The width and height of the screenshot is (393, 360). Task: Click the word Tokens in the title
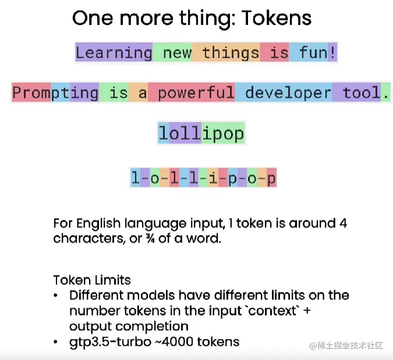pos(277,18)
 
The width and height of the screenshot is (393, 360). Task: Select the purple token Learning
pos(114,52)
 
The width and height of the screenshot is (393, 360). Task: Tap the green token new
pos(172,52)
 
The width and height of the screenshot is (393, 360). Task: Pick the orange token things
pos(226,52)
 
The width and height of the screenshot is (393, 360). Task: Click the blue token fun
pos(309,52)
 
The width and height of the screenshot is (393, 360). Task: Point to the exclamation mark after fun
pos(332,52)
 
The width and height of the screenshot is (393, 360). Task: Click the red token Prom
pos(31,92)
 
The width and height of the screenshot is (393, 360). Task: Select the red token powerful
pos(192,92)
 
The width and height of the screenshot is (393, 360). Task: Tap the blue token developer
pos(284,92)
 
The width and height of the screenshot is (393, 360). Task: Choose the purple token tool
pos(357,92)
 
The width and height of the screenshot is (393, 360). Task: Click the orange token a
pos(139,92)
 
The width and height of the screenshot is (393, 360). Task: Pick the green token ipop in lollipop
pos(223,133)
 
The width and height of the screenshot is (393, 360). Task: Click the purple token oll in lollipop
pos(185,133)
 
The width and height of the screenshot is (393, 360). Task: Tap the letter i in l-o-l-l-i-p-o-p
pos(213,178)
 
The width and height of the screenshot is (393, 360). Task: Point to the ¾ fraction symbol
pos(150,238)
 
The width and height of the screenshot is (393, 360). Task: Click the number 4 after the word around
pos(344,223)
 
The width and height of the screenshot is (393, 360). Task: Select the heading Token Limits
pos(92,280)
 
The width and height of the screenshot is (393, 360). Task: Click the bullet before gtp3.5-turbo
pos(55,342)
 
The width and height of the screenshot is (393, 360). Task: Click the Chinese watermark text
pos(346,345)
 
